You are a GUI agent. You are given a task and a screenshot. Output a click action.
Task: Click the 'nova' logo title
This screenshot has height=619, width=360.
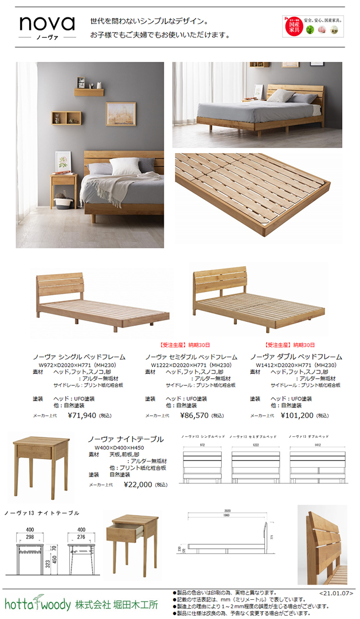click(47, 24)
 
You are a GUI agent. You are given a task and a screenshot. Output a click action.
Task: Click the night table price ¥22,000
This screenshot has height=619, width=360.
click(138, 484)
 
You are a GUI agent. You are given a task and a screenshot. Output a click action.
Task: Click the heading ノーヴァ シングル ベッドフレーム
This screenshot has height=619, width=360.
click(79, 357)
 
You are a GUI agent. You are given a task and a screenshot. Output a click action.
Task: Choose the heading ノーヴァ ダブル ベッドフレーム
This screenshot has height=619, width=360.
click(296, 357)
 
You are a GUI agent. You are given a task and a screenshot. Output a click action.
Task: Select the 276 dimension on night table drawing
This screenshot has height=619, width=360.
click(82, 538)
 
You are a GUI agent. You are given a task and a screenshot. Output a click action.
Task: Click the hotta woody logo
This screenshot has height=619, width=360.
click(38, 604)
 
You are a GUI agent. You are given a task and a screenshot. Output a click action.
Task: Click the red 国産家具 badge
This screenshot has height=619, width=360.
click(292, 26)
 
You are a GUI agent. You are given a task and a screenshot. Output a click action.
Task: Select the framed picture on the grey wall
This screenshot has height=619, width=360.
click(120, 114)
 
